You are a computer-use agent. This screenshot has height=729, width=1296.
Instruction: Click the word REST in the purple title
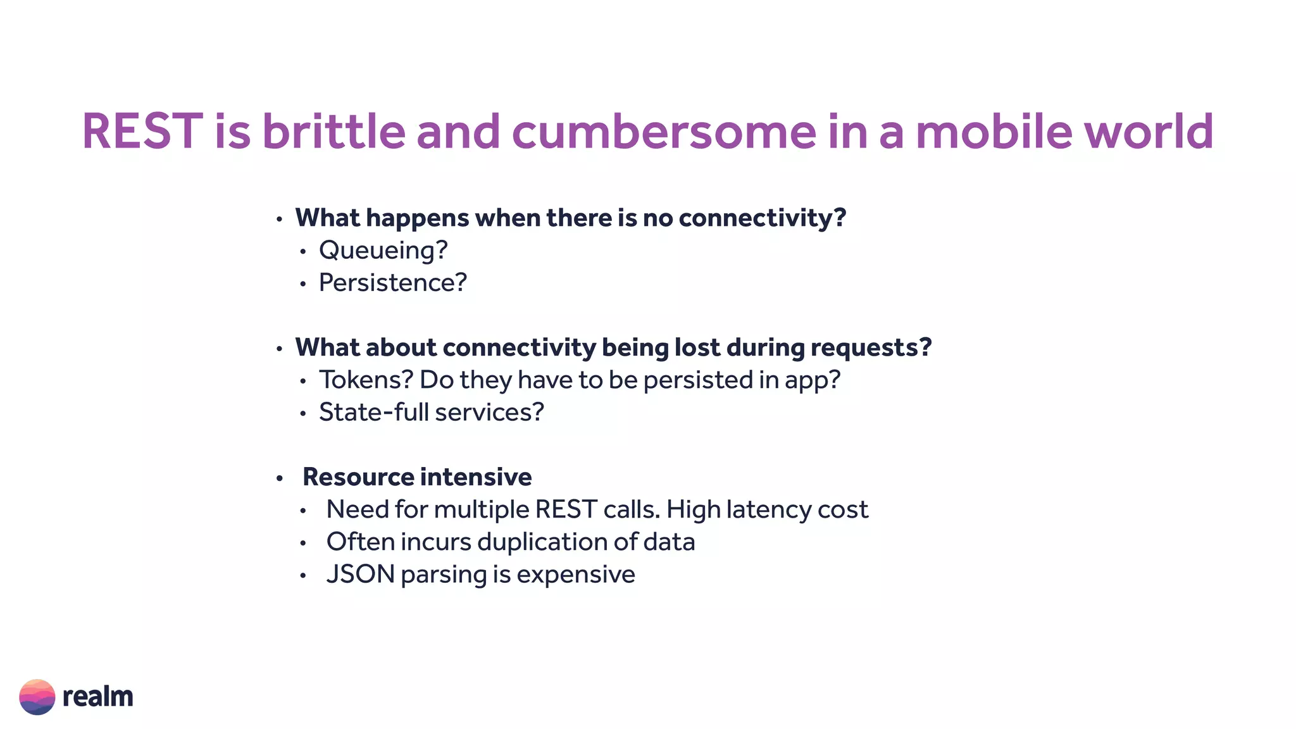click(x=142, y=132)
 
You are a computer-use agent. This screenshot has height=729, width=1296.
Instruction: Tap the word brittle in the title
click(x=333, y=132)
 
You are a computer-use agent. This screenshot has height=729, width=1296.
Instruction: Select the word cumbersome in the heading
click(x=664, y=132)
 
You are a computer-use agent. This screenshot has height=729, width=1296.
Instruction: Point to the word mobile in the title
click(x=994, y=132)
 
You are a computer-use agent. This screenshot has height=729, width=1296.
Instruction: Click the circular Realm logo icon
click(x=37, y=697)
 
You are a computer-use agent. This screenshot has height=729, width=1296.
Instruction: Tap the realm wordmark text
click(x=98, y=697)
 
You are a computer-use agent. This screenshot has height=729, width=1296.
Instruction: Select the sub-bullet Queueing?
click(x=383, y=251)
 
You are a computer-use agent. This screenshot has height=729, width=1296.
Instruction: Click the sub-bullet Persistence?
click(x=392, y=283)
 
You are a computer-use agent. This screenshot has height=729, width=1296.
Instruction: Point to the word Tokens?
click(x=366, y=380)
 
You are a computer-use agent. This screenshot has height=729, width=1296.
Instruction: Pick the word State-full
click(x=373, y=413)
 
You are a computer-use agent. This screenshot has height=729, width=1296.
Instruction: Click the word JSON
click(x=360, y=575)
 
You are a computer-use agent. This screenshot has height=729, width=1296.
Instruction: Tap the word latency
click(x=768, y=509)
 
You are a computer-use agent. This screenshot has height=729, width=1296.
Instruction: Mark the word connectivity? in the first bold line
click(x=762, y=218)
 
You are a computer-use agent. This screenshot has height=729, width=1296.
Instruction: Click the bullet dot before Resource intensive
click(x=279, y=478)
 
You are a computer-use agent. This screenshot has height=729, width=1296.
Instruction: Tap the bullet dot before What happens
click(x=279, y=220)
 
